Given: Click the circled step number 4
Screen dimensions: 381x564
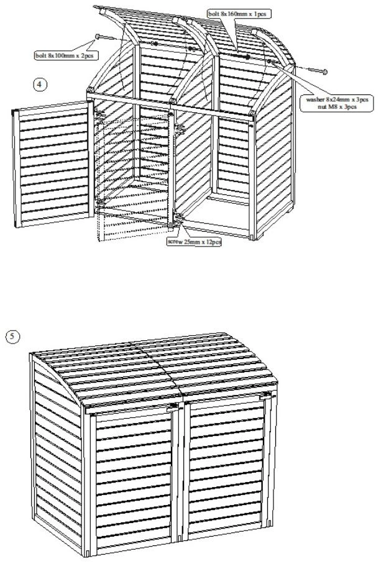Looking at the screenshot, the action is pos(40,84).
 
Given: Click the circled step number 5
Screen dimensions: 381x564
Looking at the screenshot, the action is pos(13,337).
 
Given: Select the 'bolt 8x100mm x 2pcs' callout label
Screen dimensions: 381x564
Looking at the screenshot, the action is pos(67,55).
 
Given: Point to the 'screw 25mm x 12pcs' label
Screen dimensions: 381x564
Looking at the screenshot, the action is pos(194,242).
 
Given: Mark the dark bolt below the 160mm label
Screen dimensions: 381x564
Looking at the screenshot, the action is pos(239,55).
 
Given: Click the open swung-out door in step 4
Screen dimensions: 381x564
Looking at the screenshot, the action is pos(52,164).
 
